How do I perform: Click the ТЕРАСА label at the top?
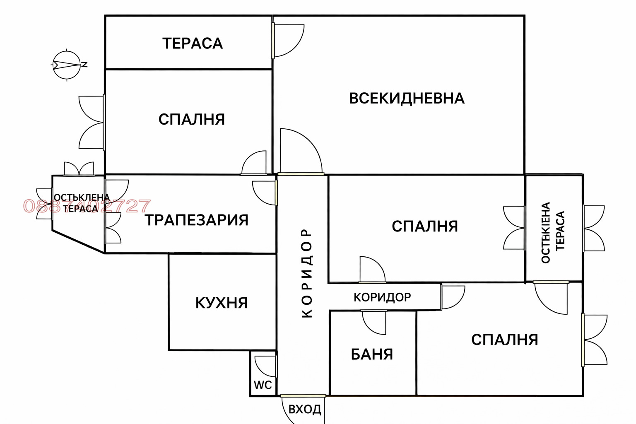(x=193, y=43)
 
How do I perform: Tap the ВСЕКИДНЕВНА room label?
(x=407, y=99)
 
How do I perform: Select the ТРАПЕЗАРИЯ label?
(x=197, y=220)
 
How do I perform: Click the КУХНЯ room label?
(x=222, y=303)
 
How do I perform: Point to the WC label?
(x=263, y=385)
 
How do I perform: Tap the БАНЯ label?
(x=372, y=354)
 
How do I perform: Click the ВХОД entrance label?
(x=305, y=410)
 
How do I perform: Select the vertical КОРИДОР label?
(x=307, y=273)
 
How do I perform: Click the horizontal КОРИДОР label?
(x=382, y=297)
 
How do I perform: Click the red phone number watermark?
(x=87, y=206)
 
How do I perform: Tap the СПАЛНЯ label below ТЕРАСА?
(x=192, y=120)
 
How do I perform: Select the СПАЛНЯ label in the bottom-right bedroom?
(x=505, y=340)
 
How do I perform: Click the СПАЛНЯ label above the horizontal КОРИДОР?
(x=425, y=226)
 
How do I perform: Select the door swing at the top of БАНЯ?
(x=374, y=322)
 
